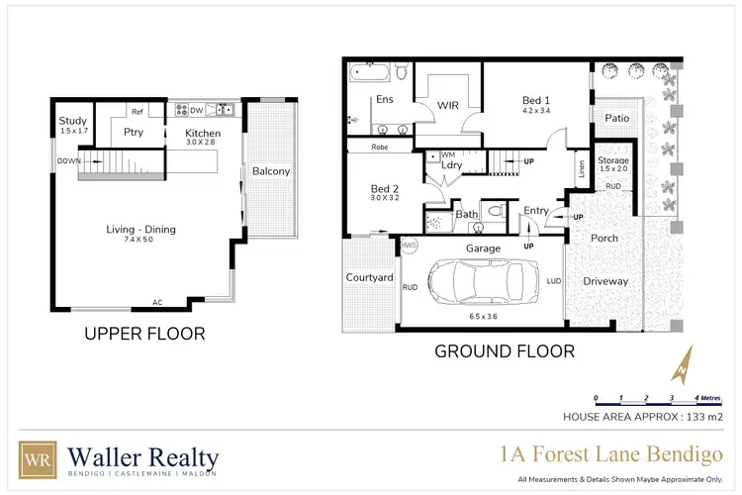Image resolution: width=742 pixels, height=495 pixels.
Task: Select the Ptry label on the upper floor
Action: [x=135, y=133]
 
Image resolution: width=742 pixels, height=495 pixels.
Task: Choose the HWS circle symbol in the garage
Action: [x=407, y=245]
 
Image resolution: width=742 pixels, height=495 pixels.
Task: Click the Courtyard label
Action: [x=369, y=278]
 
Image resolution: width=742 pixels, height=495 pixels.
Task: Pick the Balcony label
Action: [x=270, y=171]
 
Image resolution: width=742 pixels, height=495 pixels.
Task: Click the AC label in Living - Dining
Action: [x=157, y=302]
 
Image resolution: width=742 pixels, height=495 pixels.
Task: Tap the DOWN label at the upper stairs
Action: [x=68, y=160]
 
